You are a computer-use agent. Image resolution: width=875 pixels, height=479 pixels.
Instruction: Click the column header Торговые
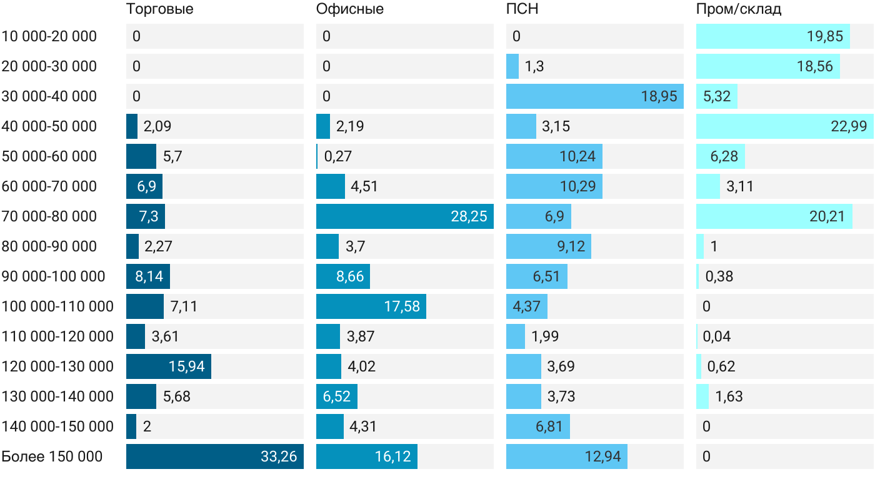(160, 9)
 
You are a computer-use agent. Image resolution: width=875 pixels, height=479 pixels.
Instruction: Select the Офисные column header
(350, 9)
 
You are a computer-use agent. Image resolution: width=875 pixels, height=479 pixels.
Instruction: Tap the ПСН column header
(522, 9)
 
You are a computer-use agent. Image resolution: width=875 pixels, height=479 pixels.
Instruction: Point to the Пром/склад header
(739, 9)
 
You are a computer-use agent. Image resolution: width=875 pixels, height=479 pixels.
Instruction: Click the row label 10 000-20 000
(49, 36)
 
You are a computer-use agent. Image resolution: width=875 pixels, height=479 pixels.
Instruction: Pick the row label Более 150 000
(52, 456)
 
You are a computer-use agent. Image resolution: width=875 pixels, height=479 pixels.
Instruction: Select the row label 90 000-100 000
(54, 276)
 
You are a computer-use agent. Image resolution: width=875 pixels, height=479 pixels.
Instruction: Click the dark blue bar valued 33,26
(215, 456)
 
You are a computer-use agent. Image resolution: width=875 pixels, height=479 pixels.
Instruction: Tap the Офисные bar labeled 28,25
(405, 216)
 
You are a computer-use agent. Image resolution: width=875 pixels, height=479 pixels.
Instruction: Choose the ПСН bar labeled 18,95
(595, 96)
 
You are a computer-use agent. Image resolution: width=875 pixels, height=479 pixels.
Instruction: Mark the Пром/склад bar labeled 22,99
(785, 126)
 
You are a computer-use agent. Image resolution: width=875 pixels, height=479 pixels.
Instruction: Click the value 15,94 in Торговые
(186, 366)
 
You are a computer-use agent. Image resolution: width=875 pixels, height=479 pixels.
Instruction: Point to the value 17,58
(402, 306)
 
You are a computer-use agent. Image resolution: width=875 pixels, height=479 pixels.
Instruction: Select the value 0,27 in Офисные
(338, 156)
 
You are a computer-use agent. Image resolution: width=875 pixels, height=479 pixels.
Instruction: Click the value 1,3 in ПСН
(534, 66)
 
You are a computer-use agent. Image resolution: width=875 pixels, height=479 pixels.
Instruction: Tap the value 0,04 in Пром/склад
(717, 336)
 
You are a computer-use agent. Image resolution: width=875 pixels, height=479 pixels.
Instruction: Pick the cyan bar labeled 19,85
(773, 36)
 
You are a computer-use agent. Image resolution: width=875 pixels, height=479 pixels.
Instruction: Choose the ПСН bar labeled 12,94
(567, 456)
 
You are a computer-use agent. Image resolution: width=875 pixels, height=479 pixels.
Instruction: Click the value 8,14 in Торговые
(149, 276)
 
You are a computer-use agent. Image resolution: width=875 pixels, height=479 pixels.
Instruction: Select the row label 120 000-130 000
(57, 366)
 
